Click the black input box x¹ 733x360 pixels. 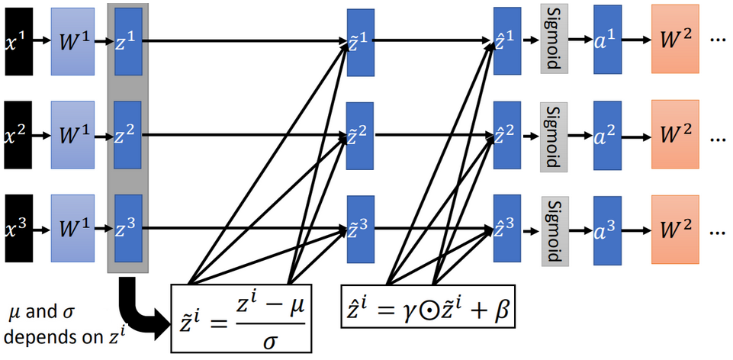pyautogui.click(x=18, y=41)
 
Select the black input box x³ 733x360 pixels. pyautogui.click(x=18, y=230)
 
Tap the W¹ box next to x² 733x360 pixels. pyautogui.click(x=72, y=136)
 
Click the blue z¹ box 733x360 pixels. pyautogui.click(x=128, y=41)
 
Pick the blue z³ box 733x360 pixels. pyautogui.click(x=128, y=230)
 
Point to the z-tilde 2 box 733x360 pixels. pyautogui.click(x=360, y=136)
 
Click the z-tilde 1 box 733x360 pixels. pyautogui.click(x=361, y=42)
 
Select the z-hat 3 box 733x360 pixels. pyautogui.click(x=507, y=230)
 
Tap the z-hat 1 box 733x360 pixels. pyautogui.click(x=507, y=40)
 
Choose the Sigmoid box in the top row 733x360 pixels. pyautogui.click(x=554, y=39)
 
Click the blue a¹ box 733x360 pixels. pyautogui.click(x=608, y=39)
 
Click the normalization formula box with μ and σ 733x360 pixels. pyautogui.click(x=242, y=318)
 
